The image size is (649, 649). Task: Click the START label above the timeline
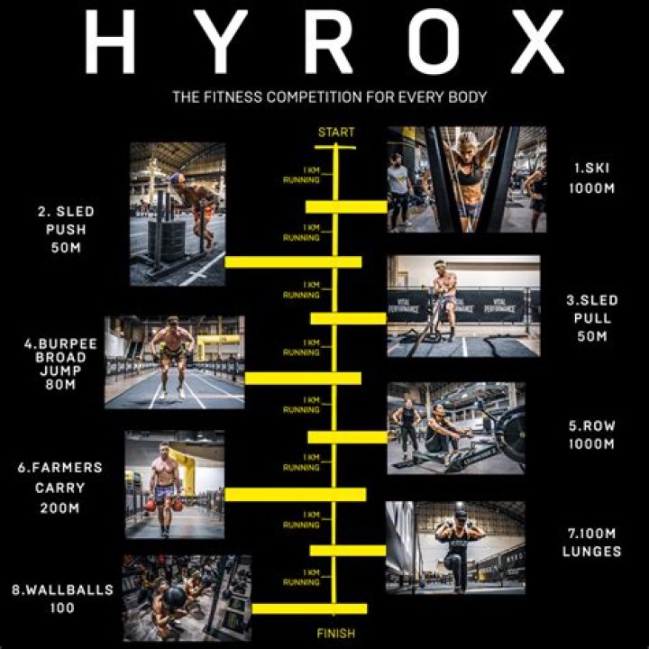click(x=336, y=133)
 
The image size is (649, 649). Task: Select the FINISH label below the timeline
click(x=336, y=633)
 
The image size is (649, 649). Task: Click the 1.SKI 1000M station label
click(x=595, y=178)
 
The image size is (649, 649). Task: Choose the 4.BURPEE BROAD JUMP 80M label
click(x=61, y=362)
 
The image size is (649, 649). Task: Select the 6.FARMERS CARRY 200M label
click(x=59, y=488)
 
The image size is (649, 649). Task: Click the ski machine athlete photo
click(x=466, y=179)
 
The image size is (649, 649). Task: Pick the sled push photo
click(x=177, y=214)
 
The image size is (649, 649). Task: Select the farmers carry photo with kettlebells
click(x=175, y=484)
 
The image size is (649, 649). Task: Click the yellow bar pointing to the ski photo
click(x=347, y=206)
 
